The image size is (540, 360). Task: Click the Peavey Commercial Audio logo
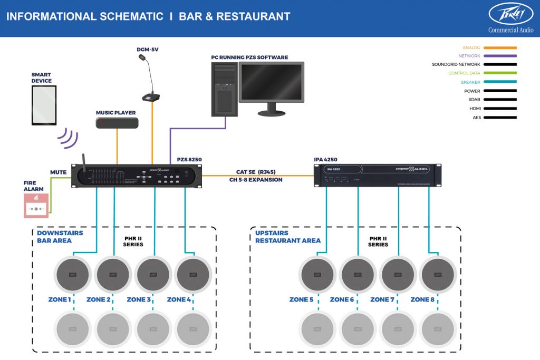click(x=510, y=17)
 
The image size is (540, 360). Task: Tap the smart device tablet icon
click(x=44, y=105)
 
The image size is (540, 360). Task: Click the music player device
click(x=117, y=123)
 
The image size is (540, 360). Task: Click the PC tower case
click(x=224, y=89)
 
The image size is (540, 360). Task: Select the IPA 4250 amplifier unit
click(x=377, y=175)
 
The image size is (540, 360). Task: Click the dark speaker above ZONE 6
click(x=358, y=275)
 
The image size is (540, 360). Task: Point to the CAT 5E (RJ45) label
click(x=256, y=172)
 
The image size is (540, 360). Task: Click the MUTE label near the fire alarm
click(x=58, y=172)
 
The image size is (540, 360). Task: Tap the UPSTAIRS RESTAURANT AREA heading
click(x=287, y=237)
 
